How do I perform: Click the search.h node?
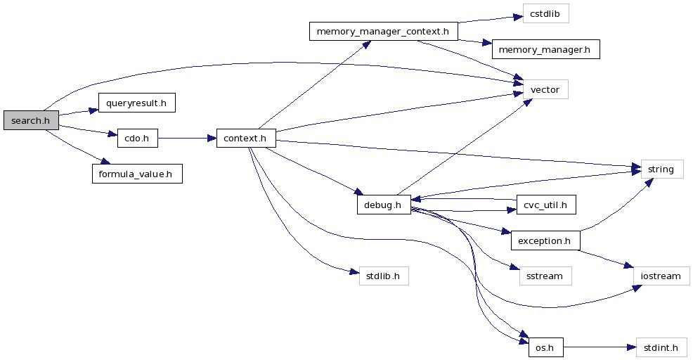pos(31,120)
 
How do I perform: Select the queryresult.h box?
pos(136,103)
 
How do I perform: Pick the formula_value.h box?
pos(137,173)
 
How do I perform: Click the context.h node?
pos(245,139)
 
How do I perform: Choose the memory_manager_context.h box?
pos(383,32)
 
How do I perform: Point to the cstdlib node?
pos(545,13)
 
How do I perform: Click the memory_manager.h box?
pos(546,49)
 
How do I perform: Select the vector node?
pos(545,89)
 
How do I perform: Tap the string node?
pos(661,169)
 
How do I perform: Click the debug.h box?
pos(383,205)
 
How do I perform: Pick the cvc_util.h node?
pos(546,205)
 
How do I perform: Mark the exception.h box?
pos(545,240)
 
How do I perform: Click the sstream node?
pos(545,276)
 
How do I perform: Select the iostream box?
pos(661,276)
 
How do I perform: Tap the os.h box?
pos(545,347)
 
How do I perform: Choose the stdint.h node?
pos(661,347)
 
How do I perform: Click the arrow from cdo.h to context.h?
pos(186,139)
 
